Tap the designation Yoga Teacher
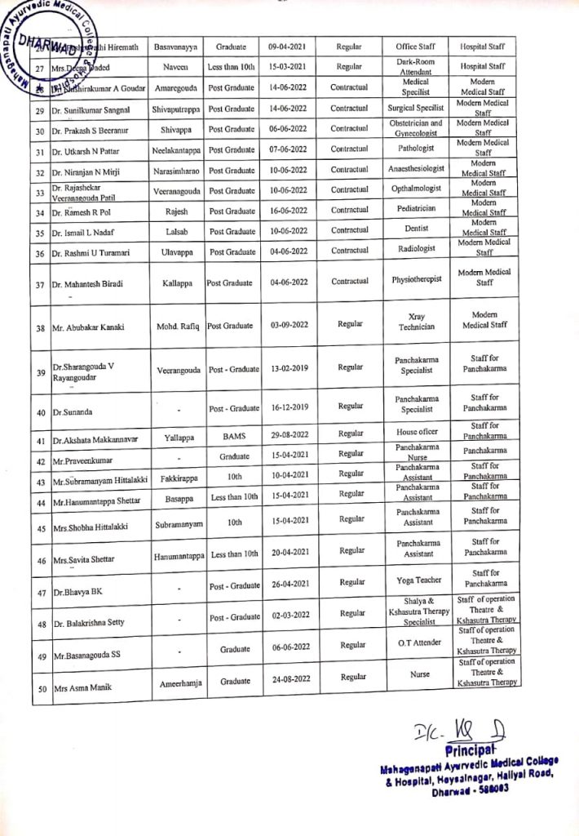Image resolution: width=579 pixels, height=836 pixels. pyautogui.click(x=418, y=580)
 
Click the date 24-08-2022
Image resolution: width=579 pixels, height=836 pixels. pyautogui.click(x=290, y=678)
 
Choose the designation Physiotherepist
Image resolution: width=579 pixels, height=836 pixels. pyautogui.click(x=417, y=279)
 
